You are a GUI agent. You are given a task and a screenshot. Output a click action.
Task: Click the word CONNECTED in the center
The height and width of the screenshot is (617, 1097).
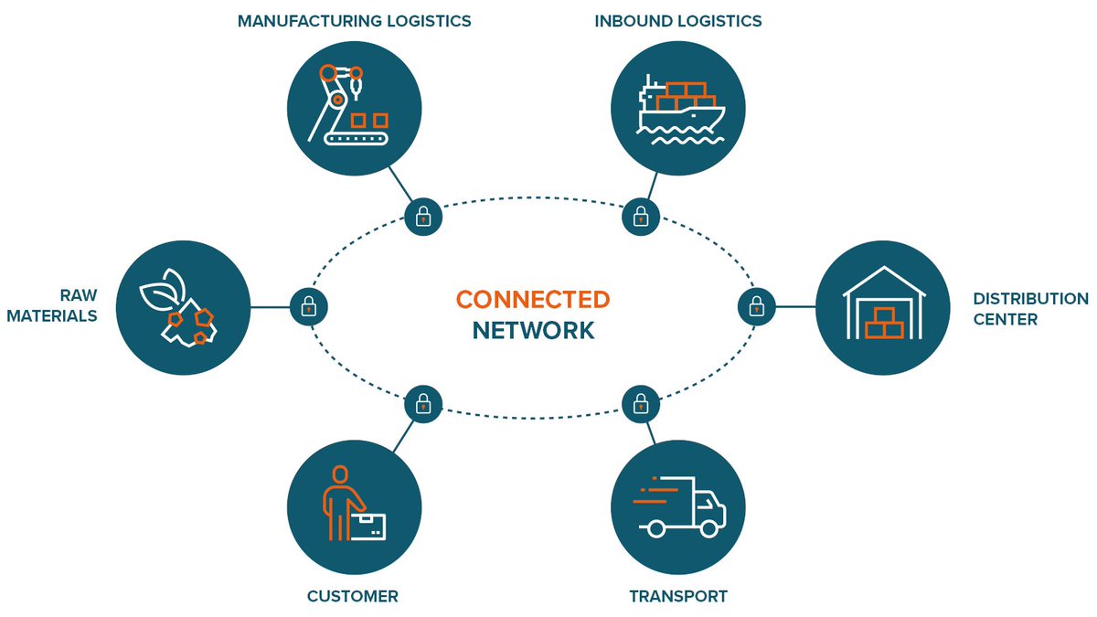pos(533,300)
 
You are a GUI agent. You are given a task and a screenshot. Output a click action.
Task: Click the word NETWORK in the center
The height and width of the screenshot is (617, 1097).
pos(533,330)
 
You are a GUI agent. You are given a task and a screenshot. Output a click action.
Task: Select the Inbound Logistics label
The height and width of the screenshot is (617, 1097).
pos(678,20)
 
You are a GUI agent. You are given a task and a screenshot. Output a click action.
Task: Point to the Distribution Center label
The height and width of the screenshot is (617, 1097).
pos(1030,309)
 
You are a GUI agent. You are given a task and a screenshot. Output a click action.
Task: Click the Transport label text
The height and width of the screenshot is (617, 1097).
pos(678,597)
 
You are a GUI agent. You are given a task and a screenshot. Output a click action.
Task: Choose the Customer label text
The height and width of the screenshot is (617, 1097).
pos(353,597)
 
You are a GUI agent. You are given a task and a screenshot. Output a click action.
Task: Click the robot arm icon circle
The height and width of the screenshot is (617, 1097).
pos(355,106)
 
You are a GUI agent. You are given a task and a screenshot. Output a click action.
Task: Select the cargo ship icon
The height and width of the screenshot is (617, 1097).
pos(678,106)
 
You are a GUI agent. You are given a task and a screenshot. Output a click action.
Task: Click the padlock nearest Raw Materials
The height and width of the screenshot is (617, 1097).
pos(309,306)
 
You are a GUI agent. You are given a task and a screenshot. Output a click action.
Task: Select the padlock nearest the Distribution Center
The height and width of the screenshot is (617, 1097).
pos(756,306)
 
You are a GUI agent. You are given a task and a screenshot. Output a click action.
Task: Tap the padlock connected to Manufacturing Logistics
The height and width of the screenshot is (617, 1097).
pos(422,217)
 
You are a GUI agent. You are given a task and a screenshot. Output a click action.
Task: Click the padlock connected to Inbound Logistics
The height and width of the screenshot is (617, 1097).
pos(641,217)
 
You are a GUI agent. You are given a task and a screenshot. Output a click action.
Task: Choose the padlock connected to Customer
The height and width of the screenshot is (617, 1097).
pos(422,401)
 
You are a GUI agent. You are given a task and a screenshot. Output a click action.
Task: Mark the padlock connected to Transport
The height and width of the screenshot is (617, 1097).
pos(641,401)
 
